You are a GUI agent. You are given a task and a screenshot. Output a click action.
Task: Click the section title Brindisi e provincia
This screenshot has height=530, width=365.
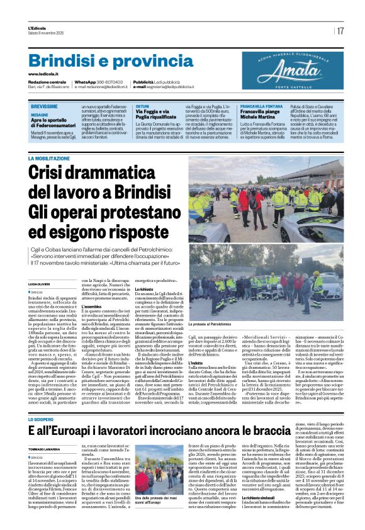coord(102,61)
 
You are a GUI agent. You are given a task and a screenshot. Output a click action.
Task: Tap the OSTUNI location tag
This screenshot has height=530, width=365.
coord(142,106)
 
